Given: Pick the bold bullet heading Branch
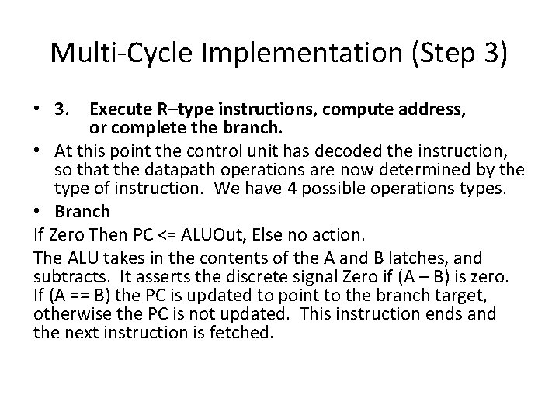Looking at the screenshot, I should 83,211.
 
